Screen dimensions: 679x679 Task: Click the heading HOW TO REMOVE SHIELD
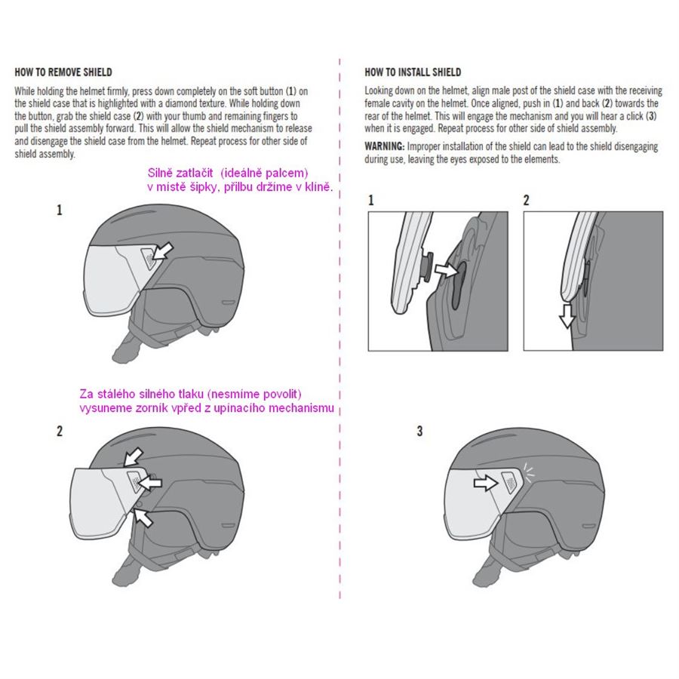point(63,72)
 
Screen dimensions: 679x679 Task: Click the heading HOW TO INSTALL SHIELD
point(413,72)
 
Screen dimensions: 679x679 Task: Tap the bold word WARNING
point(385,146)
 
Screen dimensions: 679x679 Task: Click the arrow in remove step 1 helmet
point(164,251)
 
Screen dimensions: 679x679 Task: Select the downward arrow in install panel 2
point(567,315)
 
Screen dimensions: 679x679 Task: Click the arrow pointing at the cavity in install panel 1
point(447,270)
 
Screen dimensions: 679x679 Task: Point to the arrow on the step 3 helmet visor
point(486,482)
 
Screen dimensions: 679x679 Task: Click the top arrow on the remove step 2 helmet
point(134,457)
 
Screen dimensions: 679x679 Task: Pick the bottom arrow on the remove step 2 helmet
point(143,518)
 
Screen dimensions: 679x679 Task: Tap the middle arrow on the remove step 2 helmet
point(150,482)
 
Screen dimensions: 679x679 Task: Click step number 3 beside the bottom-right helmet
point(419,431)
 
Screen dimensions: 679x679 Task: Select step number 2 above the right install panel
point(526,200)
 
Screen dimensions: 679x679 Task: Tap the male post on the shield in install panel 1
point(426,267)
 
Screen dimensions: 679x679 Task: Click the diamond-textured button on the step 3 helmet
point(511,482)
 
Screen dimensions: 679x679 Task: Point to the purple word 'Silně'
point(160,173)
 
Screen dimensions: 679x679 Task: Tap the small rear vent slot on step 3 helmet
point(588,526)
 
